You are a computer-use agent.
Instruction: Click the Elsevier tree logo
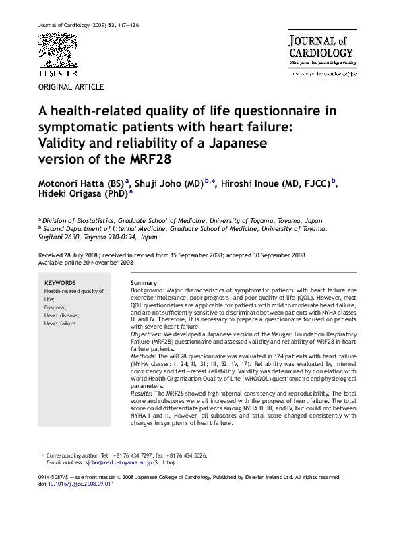click(x=57, y=51)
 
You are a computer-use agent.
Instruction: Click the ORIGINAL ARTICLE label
click(x=71, y=88)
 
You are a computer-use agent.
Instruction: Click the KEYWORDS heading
click(x=60, y=283)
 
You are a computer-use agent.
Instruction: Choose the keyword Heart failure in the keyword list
click(x=61, y=323)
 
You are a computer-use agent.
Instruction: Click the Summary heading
click(x=144, y=283)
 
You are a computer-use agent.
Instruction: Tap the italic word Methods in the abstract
click(x=143, y=354)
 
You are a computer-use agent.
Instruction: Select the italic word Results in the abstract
click(x=142, y=391)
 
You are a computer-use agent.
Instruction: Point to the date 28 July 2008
click(x=78, y=256)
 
